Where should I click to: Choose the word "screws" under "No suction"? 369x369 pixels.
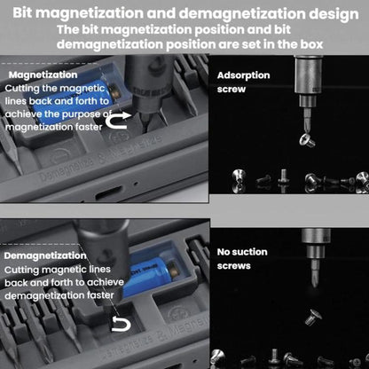pyautogui.click(x=234, y=264)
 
